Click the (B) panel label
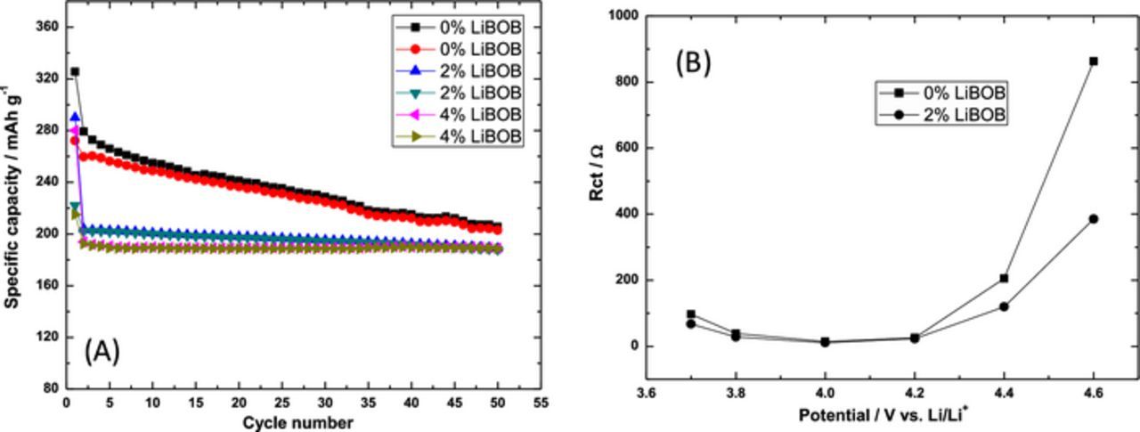[x=693, y=64]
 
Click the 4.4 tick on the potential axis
[x=1004, y=392]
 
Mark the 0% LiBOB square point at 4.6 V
[x=1093, y=61]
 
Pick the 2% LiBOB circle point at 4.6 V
[x=1093, y=218]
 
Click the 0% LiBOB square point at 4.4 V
[x=1004, y=278]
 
